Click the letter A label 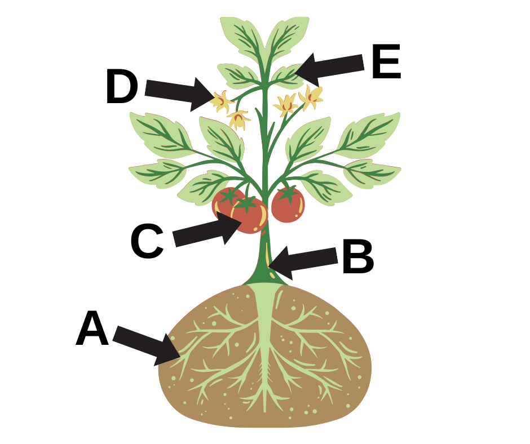pos(92,328)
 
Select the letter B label pos(358,256)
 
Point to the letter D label pos(122,86)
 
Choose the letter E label pos(386,61)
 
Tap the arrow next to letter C pos(207,229)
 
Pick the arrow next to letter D pos(179,94)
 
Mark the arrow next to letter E pos(329,68)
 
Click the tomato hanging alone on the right pos(288,205)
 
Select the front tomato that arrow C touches pos(249,216)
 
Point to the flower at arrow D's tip pos(222,101)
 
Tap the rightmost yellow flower pos(311,97)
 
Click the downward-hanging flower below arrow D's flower pos(238,120)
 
